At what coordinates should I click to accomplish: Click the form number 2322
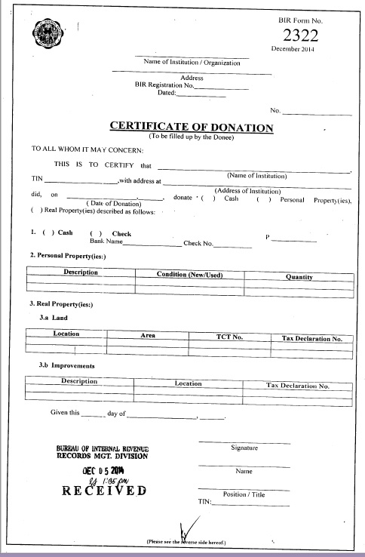point(300,35)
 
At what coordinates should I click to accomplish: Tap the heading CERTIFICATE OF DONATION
point(192,127)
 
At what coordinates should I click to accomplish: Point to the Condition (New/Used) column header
point(190,275)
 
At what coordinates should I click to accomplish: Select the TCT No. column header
point(229,334)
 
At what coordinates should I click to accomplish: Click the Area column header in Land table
point(149,334)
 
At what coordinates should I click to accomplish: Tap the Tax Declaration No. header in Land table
point(312,339)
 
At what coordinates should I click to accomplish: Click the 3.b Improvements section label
point(66,365)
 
